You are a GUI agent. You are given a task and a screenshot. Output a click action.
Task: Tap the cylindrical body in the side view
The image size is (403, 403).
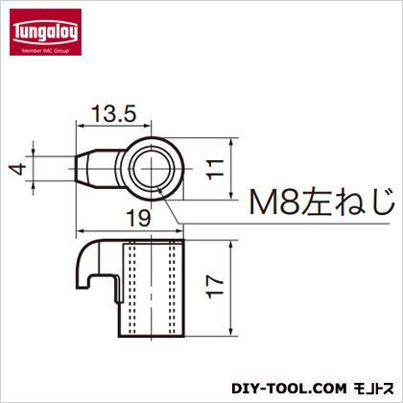tap(154, 285)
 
